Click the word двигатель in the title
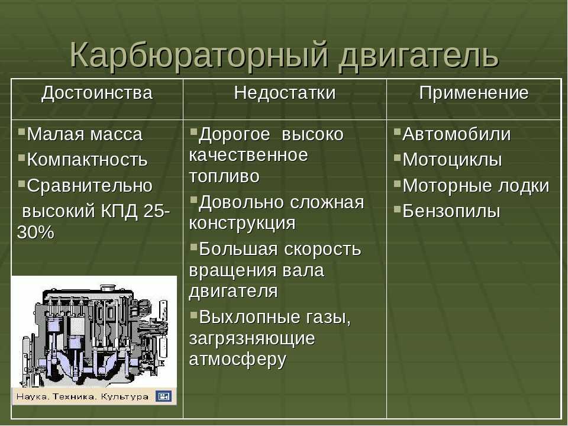[x=419, y=56]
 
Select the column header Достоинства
[x=97, y=93]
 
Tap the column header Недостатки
[x=285, y=93]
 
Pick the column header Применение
[x=474, y=93]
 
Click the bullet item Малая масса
[x=85, y=134]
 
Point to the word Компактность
[x=88, y=160]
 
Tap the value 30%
[x=35, y=233]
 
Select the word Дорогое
[x=235, y=135]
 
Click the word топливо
[x=224, y=176]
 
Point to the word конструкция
[x=242, y=224]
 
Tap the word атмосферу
[x=238, y=360]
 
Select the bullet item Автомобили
[x=456, y=134]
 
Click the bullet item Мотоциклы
[x=452, y=160]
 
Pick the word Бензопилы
[x=451, y=211]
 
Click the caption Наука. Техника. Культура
[x=82, y=396]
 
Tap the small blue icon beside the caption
[x=163, y=396]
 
